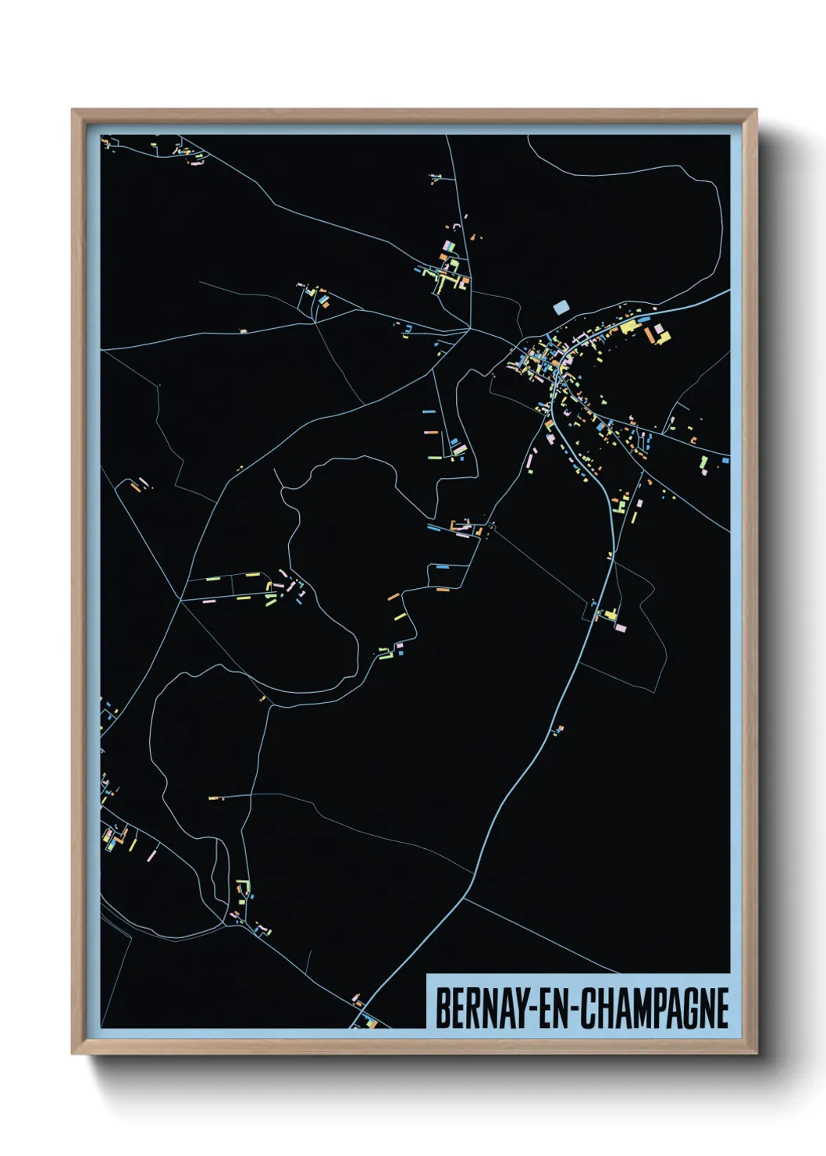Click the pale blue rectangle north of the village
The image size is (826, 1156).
(561, 307)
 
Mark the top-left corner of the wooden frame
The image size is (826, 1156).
(73, 110)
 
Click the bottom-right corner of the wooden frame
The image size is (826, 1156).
(756, 1053)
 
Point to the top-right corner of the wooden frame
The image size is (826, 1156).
(756, 110)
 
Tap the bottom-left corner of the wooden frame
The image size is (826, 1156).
(73, 1053)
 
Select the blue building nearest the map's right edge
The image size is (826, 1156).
(725, 461)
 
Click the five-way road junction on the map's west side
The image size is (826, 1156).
(181, 600)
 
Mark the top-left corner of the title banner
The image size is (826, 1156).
(427, 974)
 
